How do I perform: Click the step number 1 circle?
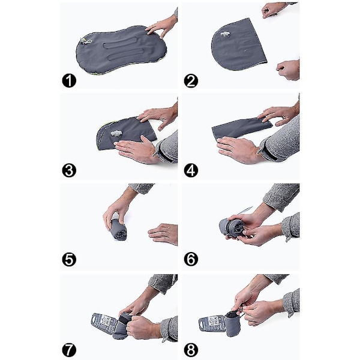coord(69,80)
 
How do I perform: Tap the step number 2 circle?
coord(191,80)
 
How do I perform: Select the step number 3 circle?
coord(69,170)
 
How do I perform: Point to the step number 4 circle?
coord(191,170)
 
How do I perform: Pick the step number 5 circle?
coord(69,259)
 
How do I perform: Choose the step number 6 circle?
coord(191,259)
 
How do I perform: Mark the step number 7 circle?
coord(69,350)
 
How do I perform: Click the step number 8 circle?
coord(191,350)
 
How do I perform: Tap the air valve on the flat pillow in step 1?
coord(86,41)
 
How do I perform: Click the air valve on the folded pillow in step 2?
coord(225,34)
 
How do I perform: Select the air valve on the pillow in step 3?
coord(116,133)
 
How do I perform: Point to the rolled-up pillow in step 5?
coord(118,229)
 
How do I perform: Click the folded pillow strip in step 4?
coord(241,128)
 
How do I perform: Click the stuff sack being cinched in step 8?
coord(232,324)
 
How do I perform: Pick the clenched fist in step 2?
coord(289,70)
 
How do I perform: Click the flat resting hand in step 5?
coord(163,234)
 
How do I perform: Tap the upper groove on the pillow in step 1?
coord(124,43)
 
